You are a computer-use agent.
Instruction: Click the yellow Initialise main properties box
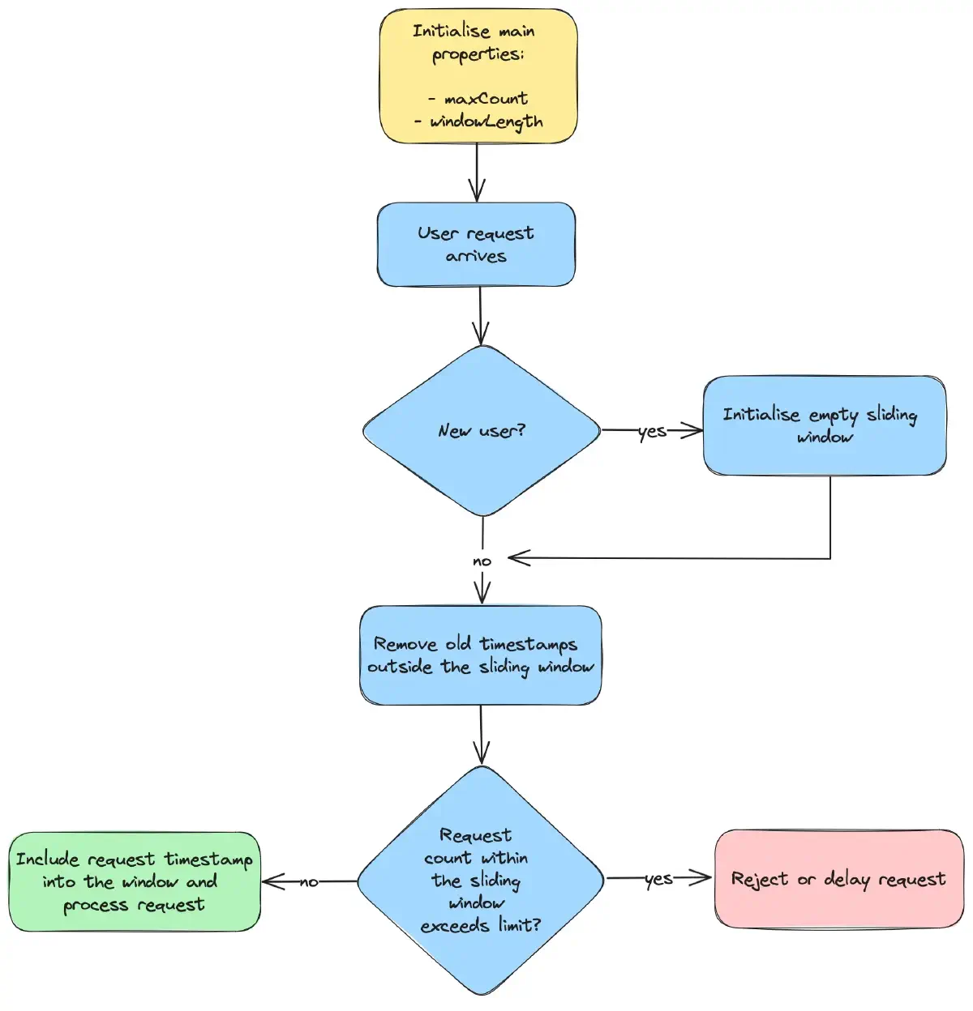(x=478, y=76)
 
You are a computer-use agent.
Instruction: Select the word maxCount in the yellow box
(x=486, y=99)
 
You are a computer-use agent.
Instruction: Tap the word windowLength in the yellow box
(x=486, y=122)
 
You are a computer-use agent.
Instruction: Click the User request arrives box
(x=476, y=245)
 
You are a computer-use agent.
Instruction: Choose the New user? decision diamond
(x=482, y=431)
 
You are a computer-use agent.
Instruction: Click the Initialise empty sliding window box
(x=825, y=425)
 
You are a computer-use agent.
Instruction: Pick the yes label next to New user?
(x=652, y=432)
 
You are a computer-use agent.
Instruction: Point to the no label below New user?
(x=482, y=561)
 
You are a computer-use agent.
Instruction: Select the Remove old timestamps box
(x=481, y=655)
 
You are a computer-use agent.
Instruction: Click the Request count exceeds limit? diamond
(x=481, y=881)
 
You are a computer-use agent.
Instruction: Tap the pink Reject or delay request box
(x=838, y=879)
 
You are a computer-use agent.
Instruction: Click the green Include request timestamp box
(x=135, y=881)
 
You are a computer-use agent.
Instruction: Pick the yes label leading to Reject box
(x=658, y=879)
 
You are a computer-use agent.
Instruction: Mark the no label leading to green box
(x=309, y=882)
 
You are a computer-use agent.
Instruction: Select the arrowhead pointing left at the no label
(x=517, y=558)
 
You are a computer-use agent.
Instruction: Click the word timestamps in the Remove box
(x=528, y=645)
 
